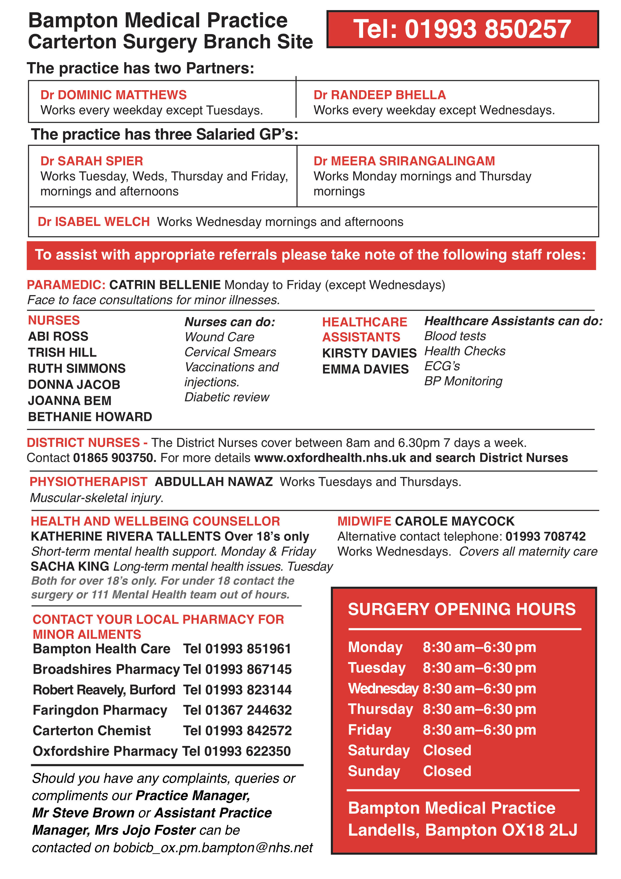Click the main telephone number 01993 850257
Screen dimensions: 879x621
click(x=488, y=30)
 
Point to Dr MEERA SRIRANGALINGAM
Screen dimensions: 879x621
click(x=404, y=161)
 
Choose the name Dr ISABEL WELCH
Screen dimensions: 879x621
click(x=93, y=222)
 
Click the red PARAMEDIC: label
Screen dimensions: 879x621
click(x=66, y=285)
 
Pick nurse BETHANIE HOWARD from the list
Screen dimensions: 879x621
click(x=90, y=417)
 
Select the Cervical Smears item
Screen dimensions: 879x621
click(x=230, y=352)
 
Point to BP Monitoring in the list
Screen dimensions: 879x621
click(x=463, y=381)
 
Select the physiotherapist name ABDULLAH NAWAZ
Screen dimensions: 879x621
click(x=214, y=482)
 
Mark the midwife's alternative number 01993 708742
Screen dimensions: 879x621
click(x=545, y=536)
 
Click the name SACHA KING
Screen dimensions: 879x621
click(x=70, y=566)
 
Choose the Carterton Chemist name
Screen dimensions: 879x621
click(x=92, y=730)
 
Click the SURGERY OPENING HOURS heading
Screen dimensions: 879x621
click(x=461, y=609)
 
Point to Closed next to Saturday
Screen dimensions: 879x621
click(x=447, y=750)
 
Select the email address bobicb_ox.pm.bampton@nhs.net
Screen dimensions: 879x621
click(x=213, y=848)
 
